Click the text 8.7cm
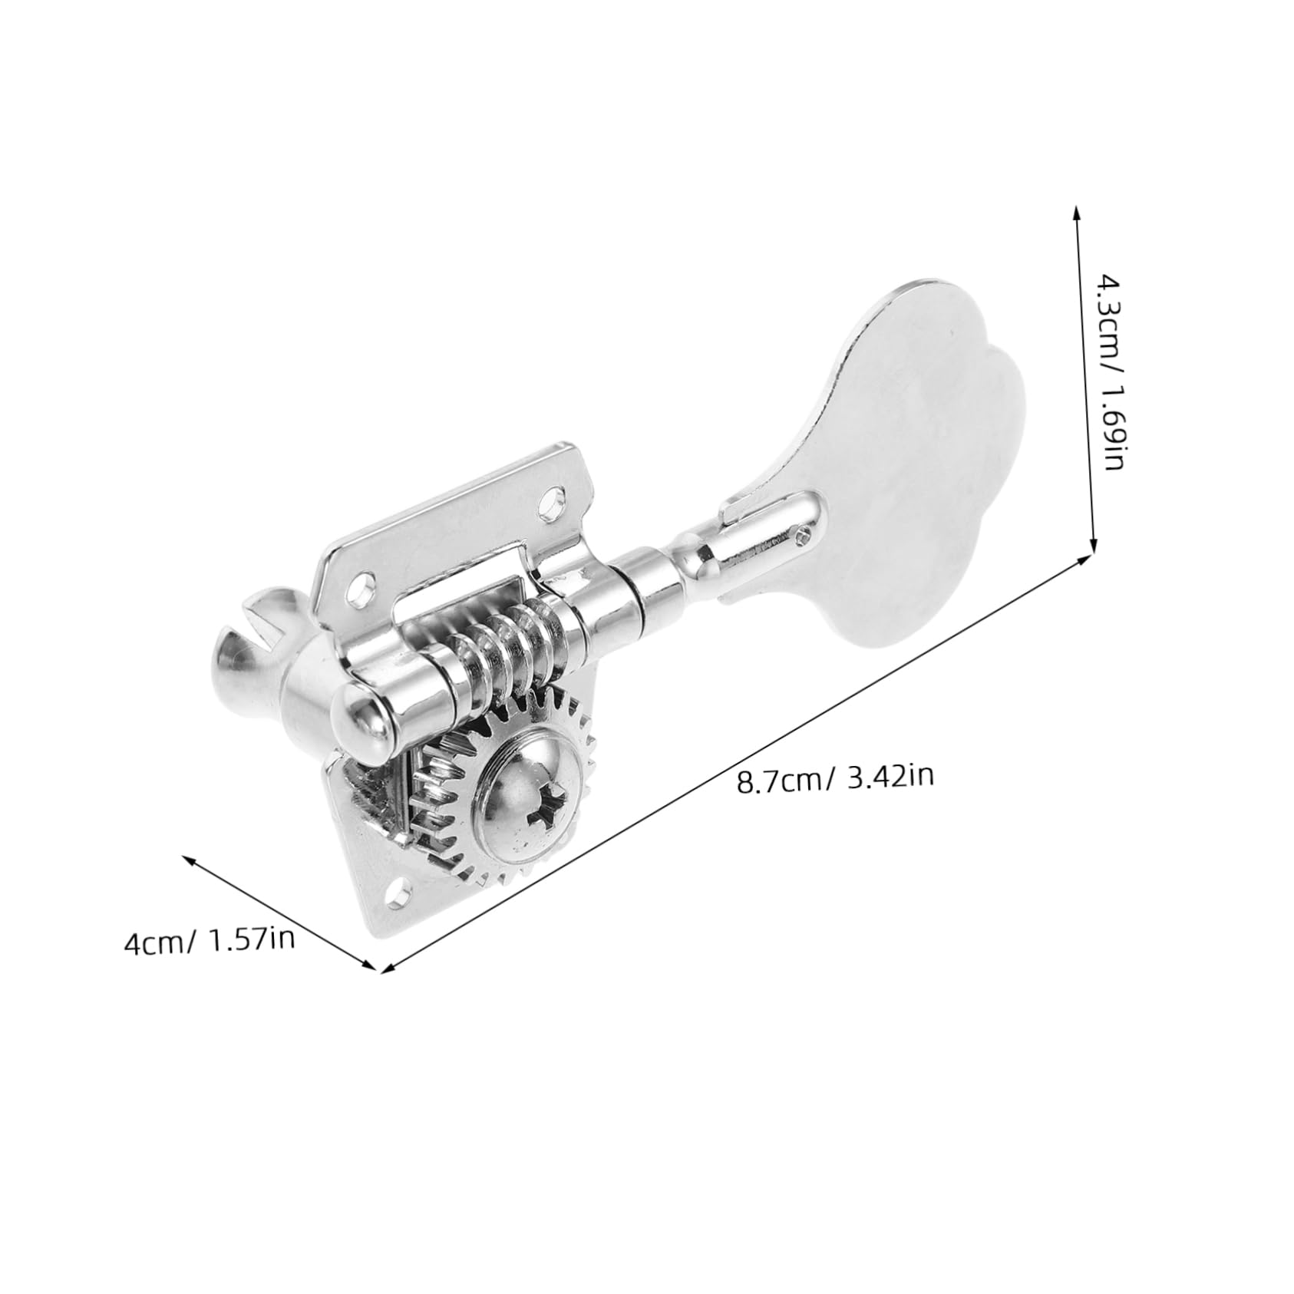tap(776, 783)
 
